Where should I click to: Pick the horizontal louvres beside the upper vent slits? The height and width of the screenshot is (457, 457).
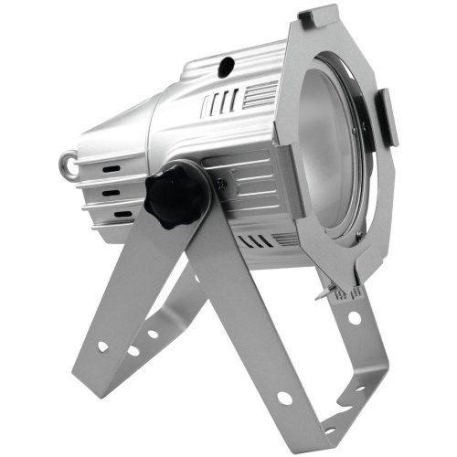pos(260,93)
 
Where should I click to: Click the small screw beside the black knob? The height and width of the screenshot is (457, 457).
pos(221,182)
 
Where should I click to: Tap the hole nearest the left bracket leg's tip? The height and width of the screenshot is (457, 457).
pos(101,345)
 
